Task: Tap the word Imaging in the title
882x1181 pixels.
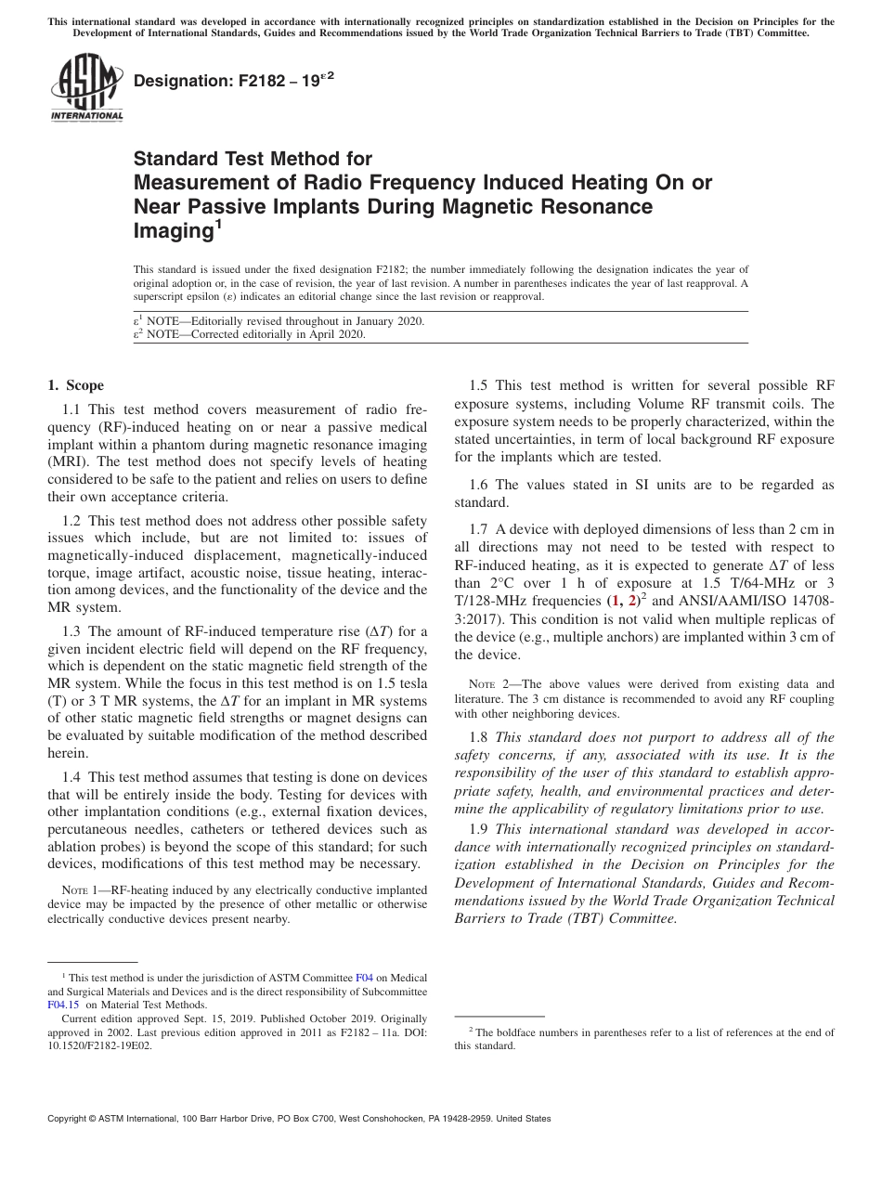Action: (169, 230)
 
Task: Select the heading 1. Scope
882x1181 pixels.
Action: (75, 385)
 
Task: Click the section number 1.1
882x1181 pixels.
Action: (71, 409)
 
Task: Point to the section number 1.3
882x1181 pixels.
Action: (71, 631)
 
